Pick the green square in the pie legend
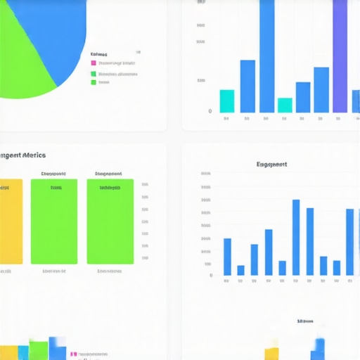click(x=93, y=82)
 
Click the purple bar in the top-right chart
click(x=340, y=56)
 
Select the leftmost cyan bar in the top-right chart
click(x=226, y=101)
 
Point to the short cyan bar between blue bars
click(x=285, y=105)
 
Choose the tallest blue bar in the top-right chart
click(x=267, y=56)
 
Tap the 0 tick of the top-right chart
click(x=210, y=111)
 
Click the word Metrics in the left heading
click(x=33, y=155)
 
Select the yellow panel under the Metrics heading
click(x=11, y=221)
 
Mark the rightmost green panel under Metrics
click(x=110, y=221)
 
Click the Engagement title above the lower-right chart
click(x=271, y=165)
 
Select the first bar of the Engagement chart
click(x=227, y=257)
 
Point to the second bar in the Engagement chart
click(x=240, y=270)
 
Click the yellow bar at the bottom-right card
click(x=271, y=354)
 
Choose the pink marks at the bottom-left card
click(x=74, y=355)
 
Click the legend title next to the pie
click(x=99, y=54)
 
